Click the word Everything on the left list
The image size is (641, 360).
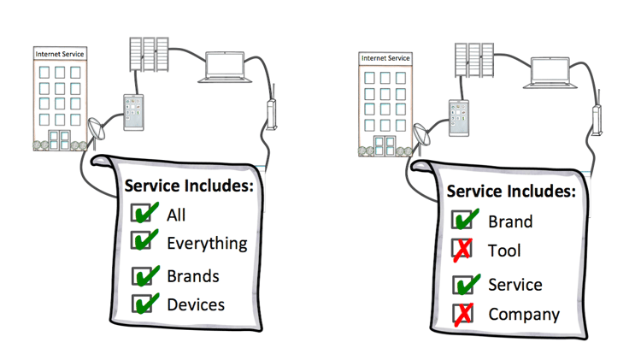pyautogui.click(x=207, y=244)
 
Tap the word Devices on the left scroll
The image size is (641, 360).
pyautogui.click(x=196, y=304)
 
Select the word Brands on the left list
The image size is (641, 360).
pyautogui.click(x=193, y=276)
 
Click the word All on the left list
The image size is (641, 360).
pyautogui.click(x=176, y=215)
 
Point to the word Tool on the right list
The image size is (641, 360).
pyautogui.click(x=504, y=251)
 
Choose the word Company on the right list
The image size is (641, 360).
pyautogui.click(x=524, y=314)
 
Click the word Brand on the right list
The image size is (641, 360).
pyautogui.click(x=510, y=221)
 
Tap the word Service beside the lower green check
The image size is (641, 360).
pyautogui.click(x=515, y=285)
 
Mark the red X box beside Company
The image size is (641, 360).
pyautogui.click(x=463, y=314)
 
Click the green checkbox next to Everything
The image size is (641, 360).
pyautogui.click(x=142, y=242)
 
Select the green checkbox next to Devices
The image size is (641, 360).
pyautogui.click(x=142, y=304)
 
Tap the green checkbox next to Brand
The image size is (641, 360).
pyautogui.click(x=463, y=220)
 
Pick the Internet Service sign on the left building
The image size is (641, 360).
pyautogui.click(x=60, y=54)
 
